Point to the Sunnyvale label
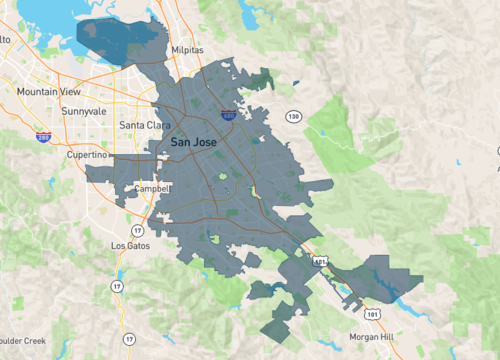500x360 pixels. point(82,111)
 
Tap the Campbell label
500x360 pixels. point(154,188)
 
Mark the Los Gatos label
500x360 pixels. point(129,245)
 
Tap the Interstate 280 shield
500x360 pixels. point(43,136)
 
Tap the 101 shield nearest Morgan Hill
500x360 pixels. point(372,313)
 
